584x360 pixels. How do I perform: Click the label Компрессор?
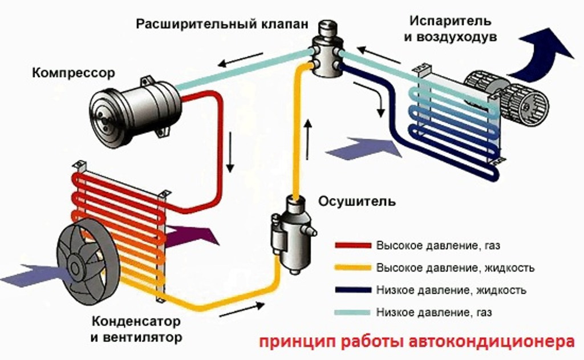pyautogui.click(x=74, y=73)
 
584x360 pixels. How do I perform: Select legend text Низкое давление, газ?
pyautogui.click(x=433, y=312)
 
